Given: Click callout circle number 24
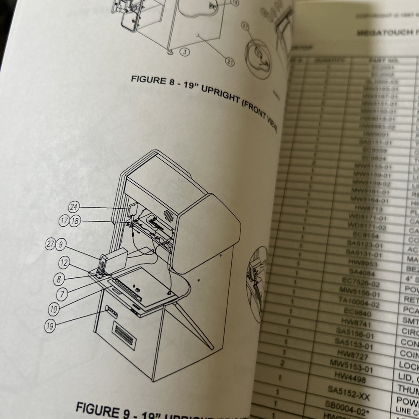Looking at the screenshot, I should click(74, 207).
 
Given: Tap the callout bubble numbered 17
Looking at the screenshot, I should click(64, 221).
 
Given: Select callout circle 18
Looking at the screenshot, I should click(75, 221).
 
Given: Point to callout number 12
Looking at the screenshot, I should click(64, 263).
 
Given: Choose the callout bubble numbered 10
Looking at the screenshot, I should click(54, 310).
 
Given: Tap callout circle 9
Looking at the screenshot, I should click(61, 244).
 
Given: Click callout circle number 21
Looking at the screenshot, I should click(230, 62).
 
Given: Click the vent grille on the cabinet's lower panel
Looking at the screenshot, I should click(124, 335).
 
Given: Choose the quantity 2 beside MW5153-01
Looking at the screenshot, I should click(282, 363).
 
